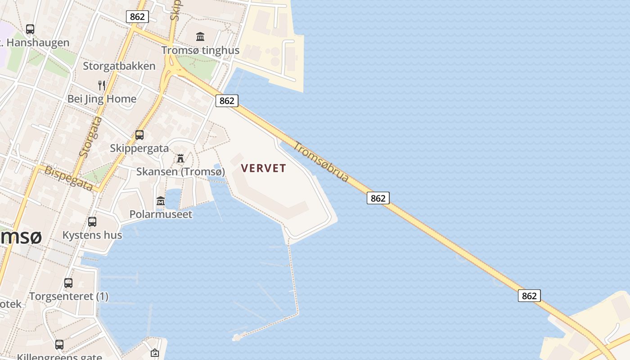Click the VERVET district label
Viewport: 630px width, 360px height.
pyautogui.click(x=263, y=168)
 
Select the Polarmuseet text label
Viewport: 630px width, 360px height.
pyautogui.click(x=161, y=214)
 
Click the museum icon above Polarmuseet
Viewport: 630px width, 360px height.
pyautogui.click(x=161, y=201)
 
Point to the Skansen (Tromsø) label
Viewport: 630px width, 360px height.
pyautogui.click(x=180, y=171)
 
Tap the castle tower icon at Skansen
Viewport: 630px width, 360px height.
pyautogui.click(x=180, y=158)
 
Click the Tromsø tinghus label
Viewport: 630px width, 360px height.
pyautogui.click(x=200, y=50)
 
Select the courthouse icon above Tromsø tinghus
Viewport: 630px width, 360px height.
pyautogui.click(x=200, y=36)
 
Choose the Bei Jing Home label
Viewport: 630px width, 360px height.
pyautogui.click(x=102, y=99)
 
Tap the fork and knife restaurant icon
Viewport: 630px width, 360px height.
pyautogui.click(x=102, y=85)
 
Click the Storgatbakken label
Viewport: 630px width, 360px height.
pyautogui.click(x=119, y=66)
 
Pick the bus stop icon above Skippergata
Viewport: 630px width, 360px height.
pyautogui.click(x=139, y=135)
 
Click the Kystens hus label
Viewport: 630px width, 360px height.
pyautogui.click(x=92, y=235)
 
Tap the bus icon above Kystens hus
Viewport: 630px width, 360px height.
pyautogui.click(x=92, y=221)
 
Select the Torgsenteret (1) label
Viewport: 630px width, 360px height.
pyautogui.click(x=69, y=297)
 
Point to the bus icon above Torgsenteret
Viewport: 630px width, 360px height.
pyautogui.click(x=68, y=283)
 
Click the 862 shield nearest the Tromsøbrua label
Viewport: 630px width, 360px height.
pyautogui.click(x=378, y=198)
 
